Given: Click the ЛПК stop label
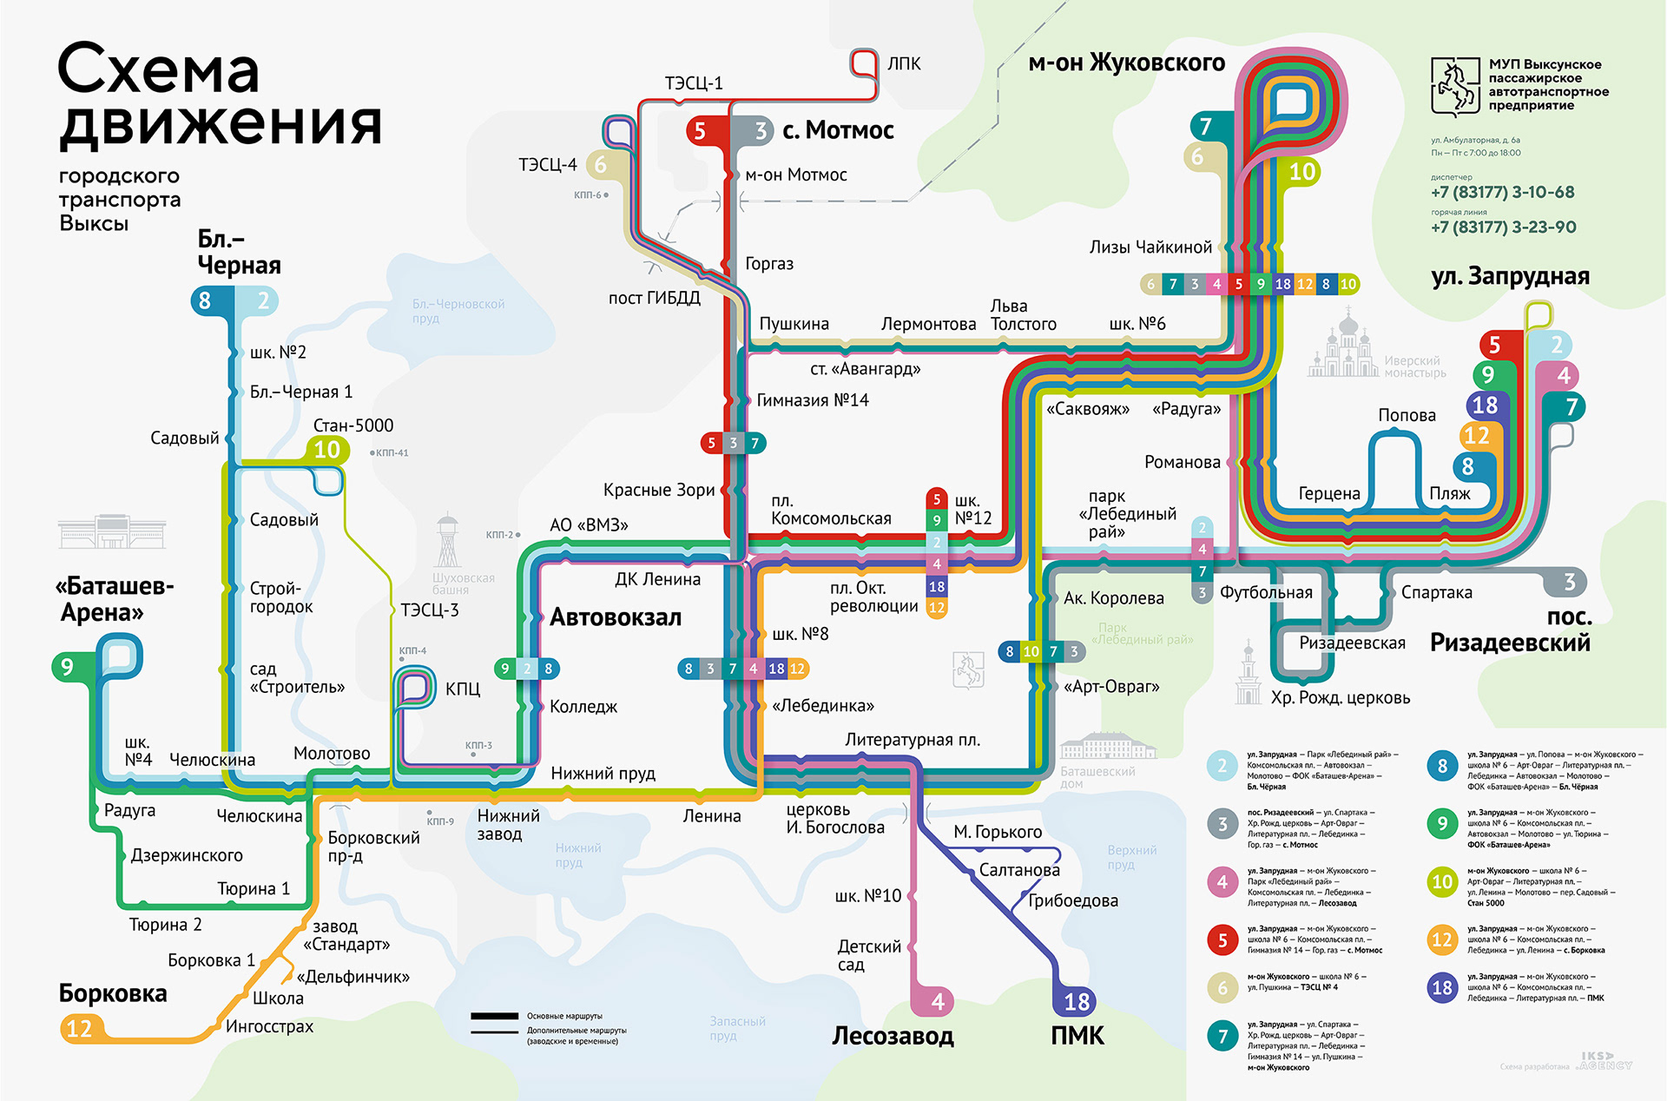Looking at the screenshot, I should coord(904,63).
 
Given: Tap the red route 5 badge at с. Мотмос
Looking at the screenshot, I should coord(700,131).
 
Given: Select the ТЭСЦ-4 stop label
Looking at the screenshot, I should coord(547,164).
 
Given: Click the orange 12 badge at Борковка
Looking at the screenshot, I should coord(79,1029).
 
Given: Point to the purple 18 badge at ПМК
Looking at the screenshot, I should coord(1077,1002).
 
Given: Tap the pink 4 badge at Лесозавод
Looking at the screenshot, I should coord(938,1002).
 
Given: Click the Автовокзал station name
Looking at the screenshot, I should coord(616,617).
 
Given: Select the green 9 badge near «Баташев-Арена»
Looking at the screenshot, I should coord(67,667).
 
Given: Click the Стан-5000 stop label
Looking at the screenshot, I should coord(353,425).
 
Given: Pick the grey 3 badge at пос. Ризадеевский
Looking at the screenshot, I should coord(1569,582).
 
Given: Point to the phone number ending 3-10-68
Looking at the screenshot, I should coord(1502,192).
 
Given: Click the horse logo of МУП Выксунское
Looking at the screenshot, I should coord(1454,87).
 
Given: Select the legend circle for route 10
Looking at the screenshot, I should coord(1442,882).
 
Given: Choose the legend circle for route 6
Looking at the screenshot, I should coord(1222,987).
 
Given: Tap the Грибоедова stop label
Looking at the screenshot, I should coord(1073,900).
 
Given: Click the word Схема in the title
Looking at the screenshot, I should coord(159,69).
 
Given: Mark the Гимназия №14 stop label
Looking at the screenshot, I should coord(812,400).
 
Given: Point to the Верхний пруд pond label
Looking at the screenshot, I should coord(1131,857).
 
